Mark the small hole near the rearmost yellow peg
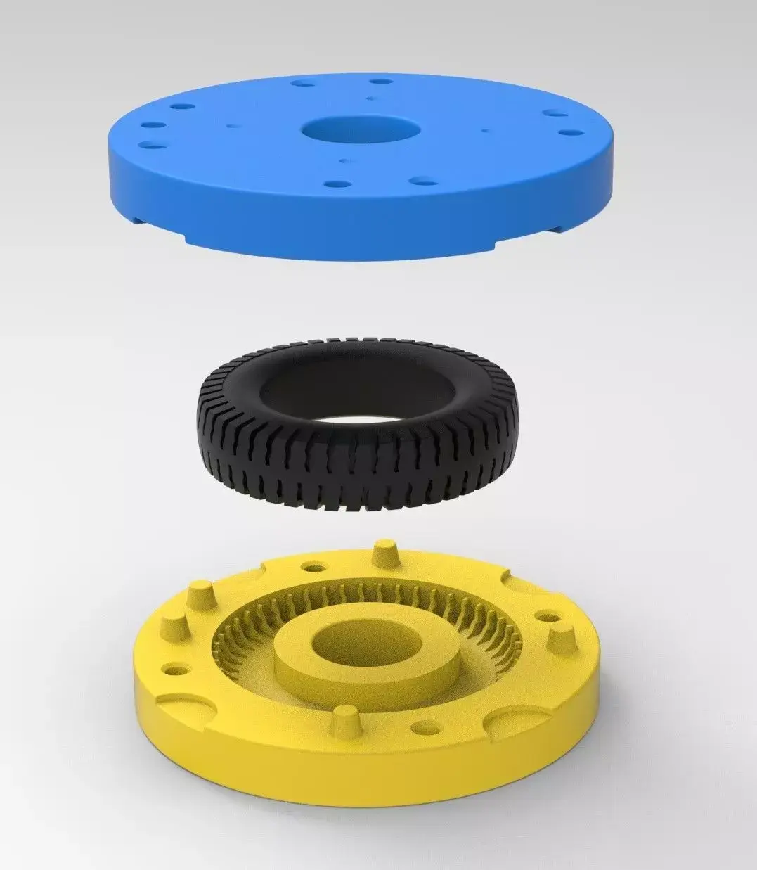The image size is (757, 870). click(311, 565)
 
